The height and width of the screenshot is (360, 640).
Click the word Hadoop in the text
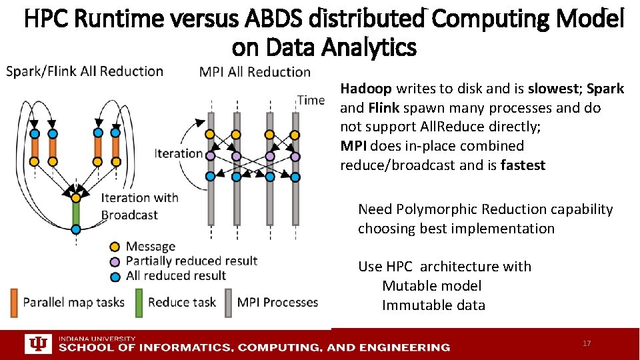[x=366, y=89]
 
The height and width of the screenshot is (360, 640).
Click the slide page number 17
[x=587, y=343]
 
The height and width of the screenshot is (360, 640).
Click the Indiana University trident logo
[x=37, y=344]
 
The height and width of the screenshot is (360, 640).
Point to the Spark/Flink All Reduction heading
[x=85, y=71]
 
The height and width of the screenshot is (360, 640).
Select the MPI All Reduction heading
[x=255, y=72]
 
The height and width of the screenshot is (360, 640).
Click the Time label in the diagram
[x=311, y=100]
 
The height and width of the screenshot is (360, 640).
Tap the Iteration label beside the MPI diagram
[x=179, y=153]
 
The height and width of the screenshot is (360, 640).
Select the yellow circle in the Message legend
[x=115, y=247]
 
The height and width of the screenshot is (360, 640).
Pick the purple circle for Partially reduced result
[x=115, y=261]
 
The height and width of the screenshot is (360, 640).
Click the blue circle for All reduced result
[x=115, y=275]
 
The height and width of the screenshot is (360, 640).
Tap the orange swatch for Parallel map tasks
[x=14, y=302]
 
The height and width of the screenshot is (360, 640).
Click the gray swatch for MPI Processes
[x=228, y=302]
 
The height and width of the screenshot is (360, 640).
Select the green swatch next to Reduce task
[x=139, y=302]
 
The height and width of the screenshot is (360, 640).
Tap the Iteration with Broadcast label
[x=139, y=206]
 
